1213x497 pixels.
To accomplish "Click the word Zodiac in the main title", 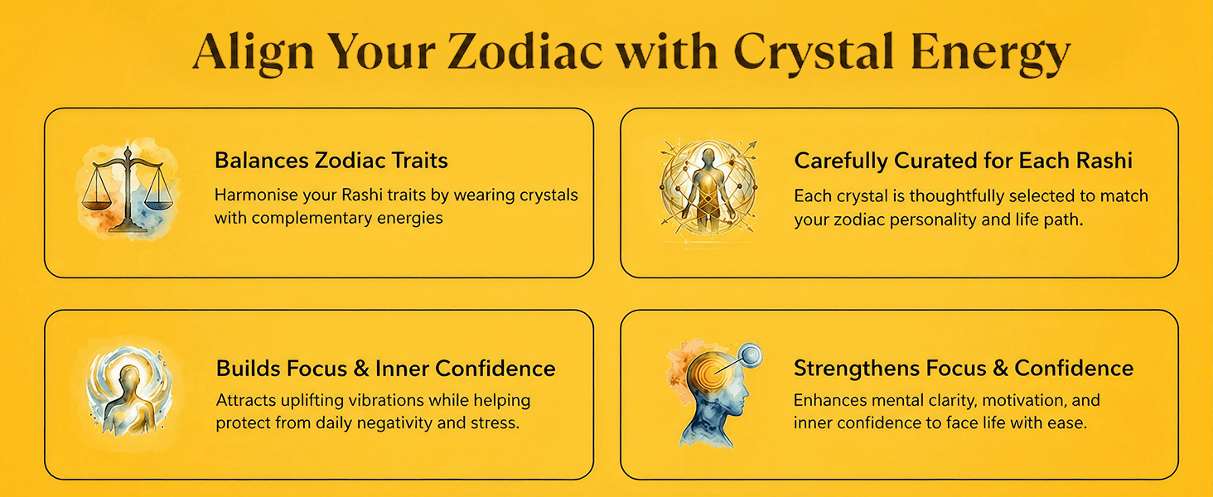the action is [524, 52].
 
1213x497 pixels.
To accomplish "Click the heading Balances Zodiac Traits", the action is [331, 161].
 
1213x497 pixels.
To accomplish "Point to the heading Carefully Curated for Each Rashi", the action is [964, 161].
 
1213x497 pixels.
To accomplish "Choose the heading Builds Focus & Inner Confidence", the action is [385, 368].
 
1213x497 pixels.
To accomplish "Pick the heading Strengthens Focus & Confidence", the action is [964, 369].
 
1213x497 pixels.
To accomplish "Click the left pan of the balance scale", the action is [97, 204].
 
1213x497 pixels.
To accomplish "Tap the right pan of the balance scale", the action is [158, 204].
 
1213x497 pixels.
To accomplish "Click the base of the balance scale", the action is [128, 229].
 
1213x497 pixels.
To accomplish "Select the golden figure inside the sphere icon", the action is [707, 186].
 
